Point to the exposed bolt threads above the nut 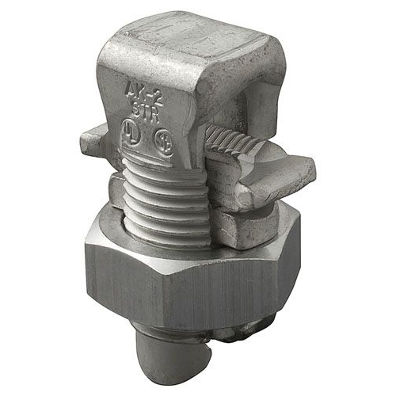158,198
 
